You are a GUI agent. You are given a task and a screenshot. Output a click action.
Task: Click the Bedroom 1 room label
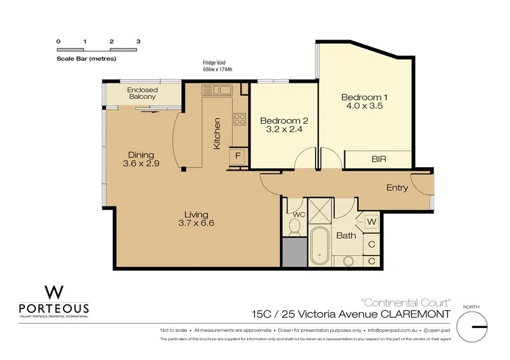point(364,97)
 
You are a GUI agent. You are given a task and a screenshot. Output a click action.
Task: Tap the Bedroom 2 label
point(284,120)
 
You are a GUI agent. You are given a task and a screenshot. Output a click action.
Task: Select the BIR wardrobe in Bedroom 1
point(378,159)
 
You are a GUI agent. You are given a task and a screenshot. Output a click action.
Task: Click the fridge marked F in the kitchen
point(238,156)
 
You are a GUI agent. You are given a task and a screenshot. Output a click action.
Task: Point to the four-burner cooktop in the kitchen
point(240,119)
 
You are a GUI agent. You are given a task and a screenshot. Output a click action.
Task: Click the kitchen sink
point(217,90)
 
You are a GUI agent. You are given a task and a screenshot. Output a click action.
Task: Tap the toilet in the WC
point(295,226)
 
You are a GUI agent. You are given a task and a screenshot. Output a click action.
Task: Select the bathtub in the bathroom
point(319,246)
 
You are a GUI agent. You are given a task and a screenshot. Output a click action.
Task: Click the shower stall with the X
point(321,210)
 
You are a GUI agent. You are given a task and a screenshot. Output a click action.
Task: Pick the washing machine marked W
point(372,222)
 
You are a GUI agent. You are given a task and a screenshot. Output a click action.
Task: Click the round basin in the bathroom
point(349,261)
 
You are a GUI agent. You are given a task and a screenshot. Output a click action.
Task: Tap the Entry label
point(397,187)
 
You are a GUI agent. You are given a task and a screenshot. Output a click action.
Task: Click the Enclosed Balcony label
point(142,93)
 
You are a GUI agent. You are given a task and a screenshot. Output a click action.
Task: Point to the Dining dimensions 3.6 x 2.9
point(141,163)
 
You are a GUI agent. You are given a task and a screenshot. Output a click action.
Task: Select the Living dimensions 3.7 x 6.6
point(196,223)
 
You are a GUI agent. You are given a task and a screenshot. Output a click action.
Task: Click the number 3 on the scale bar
point(138,41)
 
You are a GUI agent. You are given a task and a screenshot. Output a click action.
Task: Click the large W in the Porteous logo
point(54,292)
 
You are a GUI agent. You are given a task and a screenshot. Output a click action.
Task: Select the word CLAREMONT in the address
point(416,315)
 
